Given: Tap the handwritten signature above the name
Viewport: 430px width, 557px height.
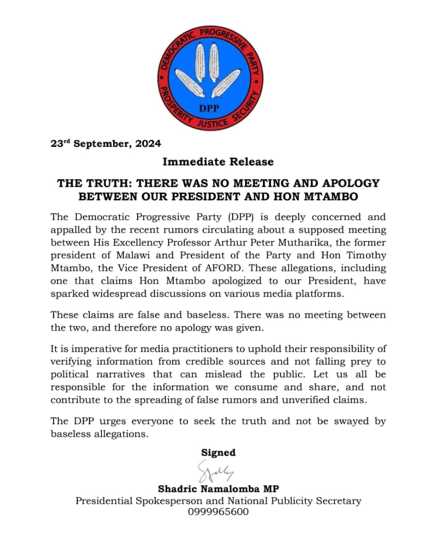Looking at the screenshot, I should [216, 471].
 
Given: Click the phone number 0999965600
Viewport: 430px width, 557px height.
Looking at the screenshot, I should [218, 512].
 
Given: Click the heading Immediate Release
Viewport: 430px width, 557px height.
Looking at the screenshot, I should [218, 162].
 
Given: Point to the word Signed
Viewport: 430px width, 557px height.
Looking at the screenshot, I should [218, 452].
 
